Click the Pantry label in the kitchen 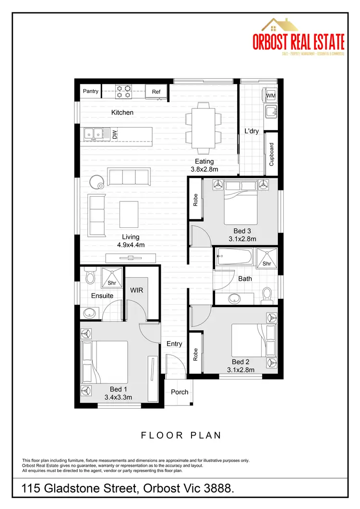[91, 91]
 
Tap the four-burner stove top [123, 91]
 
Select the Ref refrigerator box [156, 92]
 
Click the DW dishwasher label [115, 135]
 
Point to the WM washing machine [271, 96]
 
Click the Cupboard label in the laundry [271, 154]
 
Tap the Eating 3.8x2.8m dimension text [204, 166]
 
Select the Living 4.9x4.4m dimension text [131, 241]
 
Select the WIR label [137, 291]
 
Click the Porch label [180, 392]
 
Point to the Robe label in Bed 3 [195, 200]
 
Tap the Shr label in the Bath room [267, 264]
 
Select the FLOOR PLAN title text [181, 436]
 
